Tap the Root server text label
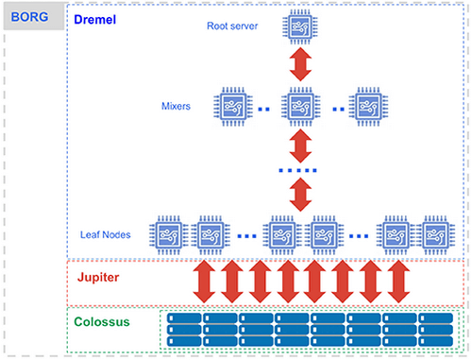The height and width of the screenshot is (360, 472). coord(232,26)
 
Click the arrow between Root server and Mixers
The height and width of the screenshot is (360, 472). coord(300,66)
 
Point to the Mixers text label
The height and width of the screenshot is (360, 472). coord(177,107)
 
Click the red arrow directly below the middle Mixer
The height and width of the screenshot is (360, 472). coord(300,146)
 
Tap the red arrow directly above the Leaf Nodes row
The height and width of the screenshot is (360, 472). coord(300,195)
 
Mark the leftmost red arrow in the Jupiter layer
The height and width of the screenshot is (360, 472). coord(205,281)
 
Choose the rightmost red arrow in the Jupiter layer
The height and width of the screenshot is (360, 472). coord(398,281)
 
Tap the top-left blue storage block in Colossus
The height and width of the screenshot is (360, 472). coord(184,319)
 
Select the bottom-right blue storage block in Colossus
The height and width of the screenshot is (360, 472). coord(436,343)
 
